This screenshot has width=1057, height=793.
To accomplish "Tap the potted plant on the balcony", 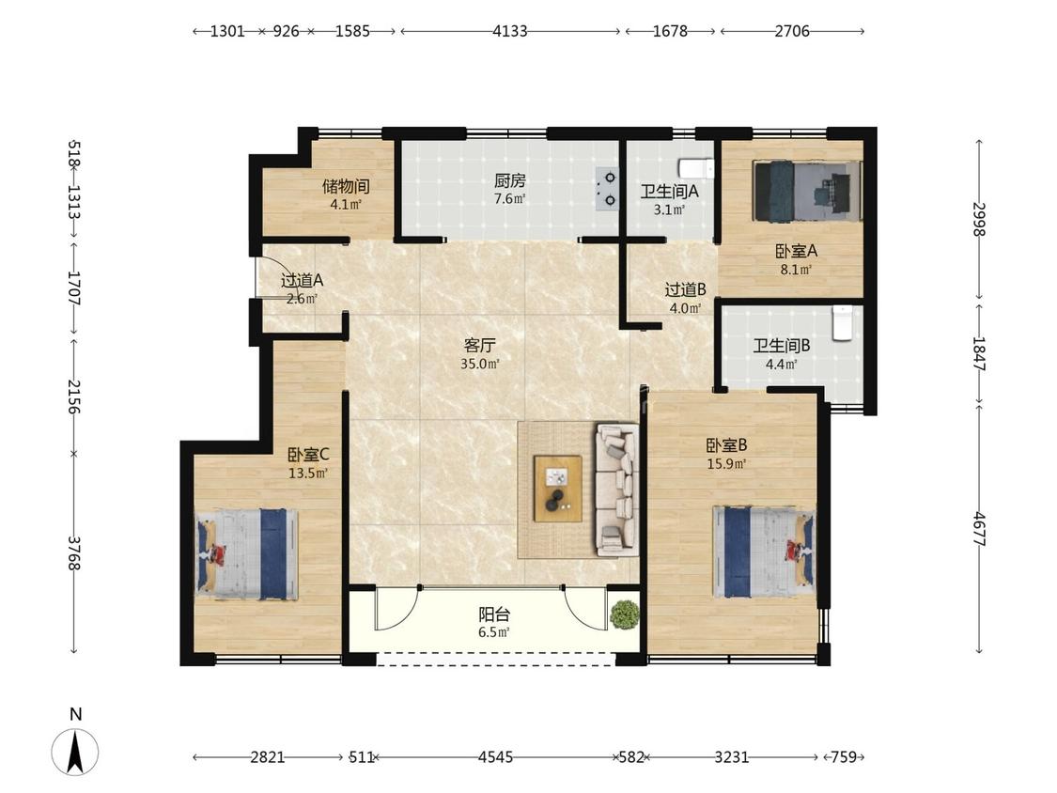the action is click(624, 614).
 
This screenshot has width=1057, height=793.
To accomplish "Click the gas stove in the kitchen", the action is click(607, 189).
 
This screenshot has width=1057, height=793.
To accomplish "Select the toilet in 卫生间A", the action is click(695, 167).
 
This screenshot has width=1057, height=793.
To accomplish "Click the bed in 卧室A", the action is click(808, 191).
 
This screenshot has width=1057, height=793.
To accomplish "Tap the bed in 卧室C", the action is click(246, 553).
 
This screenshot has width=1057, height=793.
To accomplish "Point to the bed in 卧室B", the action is click(764, 552).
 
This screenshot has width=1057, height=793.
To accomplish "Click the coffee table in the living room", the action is click(557, 489).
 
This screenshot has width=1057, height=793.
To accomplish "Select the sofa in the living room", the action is click(616, 490).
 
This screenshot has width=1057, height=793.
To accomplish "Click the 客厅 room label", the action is click(479, 345).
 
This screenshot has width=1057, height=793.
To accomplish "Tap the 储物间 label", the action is click(346, 186).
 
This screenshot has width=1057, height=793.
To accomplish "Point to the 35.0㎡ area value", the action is click(480, 365).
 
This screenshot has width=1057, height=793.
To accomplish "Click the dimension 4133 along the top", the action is click(509, 31).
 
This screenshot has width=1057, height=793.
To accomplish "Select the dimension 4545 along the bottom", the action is click(495, 757).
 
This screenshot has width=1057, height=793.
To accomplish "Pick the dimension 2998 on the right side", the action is click(979, 219).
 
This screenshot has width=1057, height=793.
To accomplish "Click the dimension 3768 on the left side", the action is click(73, 553).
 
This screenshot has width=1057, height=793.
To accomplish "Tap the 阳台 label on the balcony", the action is click(494, 614).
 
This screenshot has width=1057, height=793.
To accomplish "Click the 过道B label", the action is click(686, 290).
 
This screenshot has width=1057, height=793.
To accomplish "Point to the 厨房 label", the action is click(509, 180).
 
